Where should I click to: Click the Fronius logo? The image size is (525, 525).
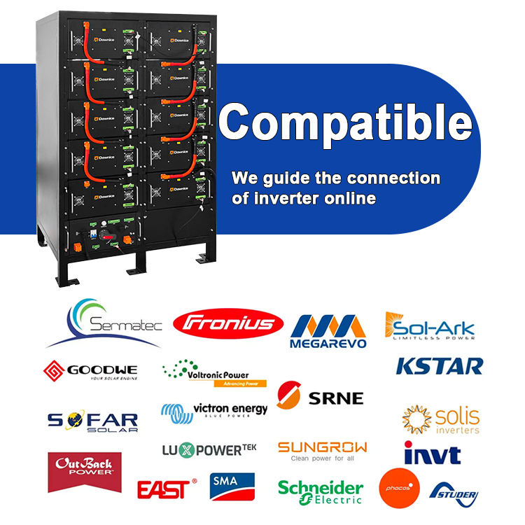coord(227,323)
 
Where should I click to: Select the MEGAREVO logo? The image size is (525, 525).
coord(328,330)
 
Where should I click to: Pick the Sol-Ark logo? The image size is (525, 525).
coord(430,327)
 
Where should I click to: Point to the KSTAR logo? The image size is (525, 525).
coord(439,365)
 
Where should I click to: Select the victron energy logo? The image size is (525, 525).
coord(214,411)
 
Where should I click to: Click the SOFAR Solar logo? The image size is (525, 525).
coord(92,421)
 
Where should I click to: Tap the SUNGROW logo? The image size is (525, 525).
coord(322,450)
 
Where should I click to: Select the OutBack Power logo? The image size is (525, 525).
coord(84,470)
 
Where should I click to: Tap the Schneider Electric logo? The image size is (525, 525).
coord(321,491)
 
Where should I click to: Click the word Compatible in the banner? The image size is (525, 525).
coord(345,122)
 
